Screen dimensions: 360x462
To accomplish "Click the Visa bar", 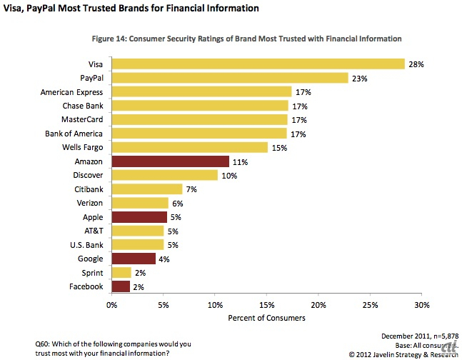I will (258, 64).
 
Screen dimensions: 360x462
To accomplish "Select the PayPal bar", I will (229, 78).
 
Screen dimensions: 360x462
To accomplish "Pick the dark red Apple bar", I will (139, 217).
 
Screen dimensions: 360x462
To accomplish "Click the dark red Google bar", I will (133, 259).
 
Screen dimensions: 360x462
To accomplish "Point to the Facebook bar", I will (121, 286).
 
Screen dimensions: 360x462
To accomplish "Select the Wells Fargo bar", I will (189, 147).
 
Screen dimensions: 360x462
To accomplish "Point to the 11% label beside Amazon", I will (240, 161).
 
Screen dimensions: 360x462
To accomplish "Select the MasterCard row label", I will (82, 119).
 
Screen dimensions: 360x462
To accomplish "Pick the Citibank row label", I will (88, 189).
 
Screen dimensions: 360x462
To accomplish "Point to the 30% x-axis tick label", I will (421, 305).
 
